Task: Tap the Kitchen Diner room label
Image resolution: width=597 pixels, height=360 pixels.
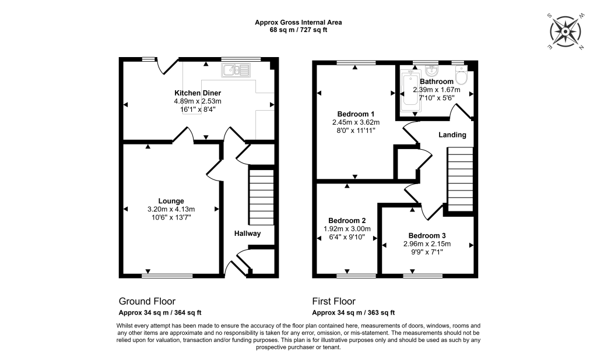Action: click(x=198, y=93)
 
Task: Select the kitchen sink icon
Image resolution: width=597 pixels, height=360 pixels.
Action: click(x=236, y=70)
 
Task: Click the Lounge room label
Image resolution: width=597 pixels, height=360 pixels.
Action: click(x=170, y=201)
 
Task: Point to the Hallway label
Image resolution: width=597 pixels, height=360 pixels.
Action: click(x=247, y=234)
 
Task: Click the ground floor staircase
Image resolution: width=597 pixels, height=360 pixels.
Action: click(x=261, y=196)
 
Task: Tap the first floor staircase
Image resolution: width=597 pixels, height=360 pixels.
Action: click(x=460, y=179)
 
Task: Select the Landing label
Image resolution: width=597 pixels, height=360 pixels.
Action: click(x=452, y=135)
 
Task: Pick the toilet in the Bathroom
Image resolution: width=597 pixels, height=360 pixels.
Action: click(x=462, y=76)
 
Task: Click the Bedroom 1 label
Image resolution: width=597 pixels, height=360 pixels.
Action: click(x=356, y=114)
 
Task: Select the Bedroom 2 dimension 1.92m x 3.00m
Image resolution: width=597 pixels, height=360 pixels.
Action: click(x=347, y=229)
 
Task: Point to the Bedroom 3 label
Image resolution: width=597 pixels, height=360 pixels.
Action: click(x=428, y=235)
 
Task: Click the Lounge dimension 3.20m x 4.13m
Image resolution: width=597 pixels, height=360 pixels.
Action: click(x=170, y=209)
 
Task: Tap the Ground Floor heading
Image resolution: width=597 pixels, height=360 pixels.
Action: click(x=147, y=301)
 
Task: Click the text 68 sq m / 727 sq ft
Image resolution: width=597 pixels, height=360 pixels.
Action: click(x=298, y=30)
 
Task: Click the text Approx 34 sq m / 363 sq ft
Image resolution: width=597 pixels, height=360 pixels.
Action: click(x=353, y=313)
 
